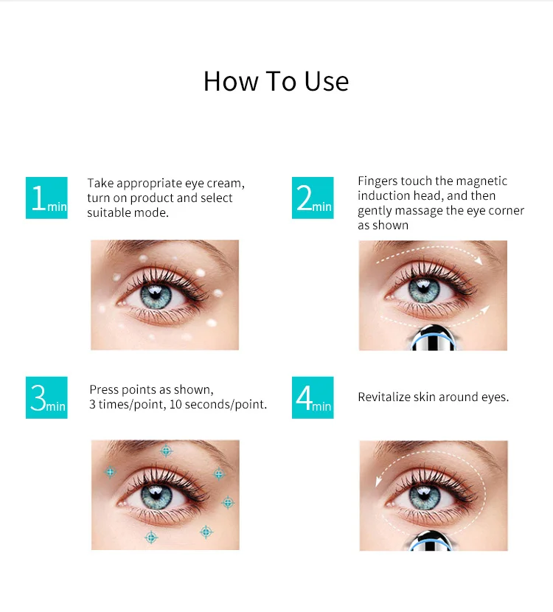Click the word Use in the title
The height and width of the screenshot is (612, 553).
tap(326, 82)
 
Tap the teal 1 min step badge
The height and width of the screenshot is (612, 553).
tap(46, 198)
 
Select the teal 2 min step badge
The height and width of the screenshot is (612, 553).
tap(313, 198)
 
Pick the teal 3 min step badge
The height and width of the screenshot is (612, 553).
tap(46, 397)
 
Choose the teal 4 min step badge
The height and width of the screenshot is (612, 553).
tap(313, 397)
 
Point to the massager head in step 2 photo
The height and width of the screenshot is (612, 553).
tap(433, 338)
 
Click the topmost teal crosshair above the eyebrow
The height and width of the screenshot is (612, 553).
tap(166, 451)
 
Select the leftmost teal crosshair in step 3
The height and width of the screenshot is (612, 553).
tap(111, 472)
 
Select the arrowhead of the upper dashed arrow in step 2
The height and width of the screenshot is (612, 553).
tap(479, 260)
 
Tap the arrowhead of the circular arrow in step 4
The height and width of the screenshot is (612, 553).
tap(378, 481)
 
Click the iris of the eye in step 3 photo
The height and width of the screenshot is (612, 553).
tap(156, 496)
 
